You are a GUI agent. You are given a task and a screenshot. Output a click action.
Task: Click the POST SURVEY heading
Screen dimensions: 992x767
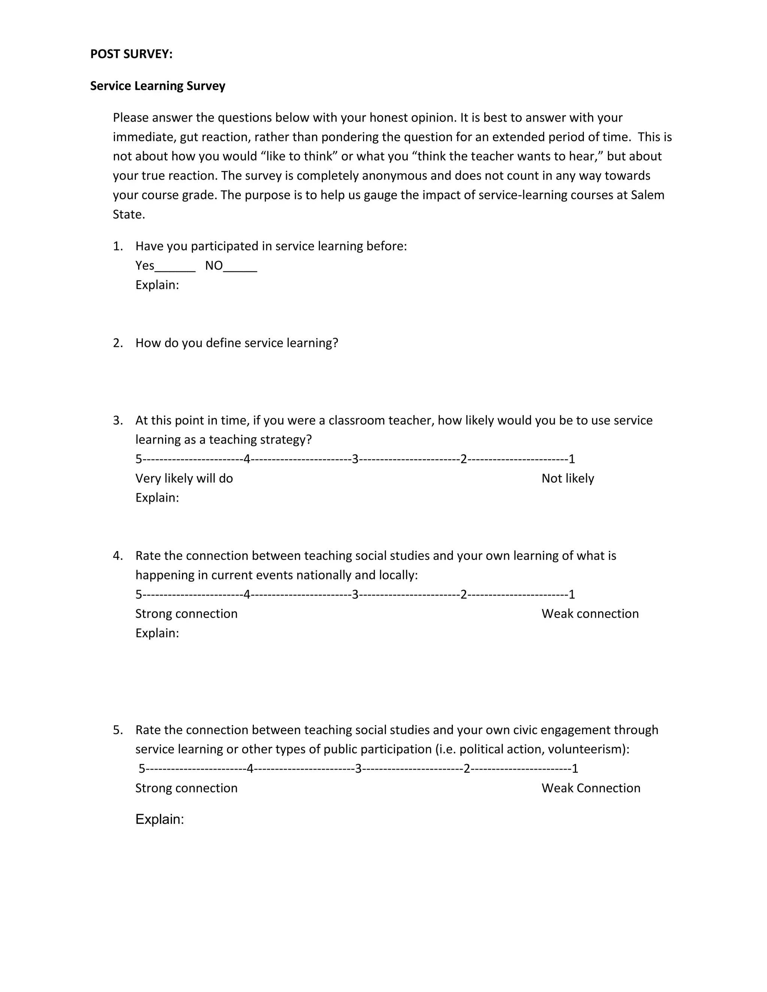131,54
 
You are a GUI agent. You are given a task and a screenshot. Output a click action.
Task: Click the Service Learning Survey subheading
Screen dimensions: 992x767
157,86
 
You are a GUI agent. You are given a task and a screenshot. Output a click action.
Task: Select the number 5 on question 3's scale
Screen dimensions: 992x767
139,459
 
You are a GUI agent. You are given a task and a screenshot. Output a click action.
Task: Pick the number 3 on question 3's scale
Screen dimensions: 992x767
355,459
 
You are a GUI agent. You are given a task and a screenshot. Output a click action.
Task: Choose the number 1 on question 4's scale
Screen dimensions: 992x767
572,594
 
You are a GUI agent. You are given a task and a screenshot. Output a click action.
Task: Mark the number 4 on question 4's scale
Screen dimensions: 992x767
247,594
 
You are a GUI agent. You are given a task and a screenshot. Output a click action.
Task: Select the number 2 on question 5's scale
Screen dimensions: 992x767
467,769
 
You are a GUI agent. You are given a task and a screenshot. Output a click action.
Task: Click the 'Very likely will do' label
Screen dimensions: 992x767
184,478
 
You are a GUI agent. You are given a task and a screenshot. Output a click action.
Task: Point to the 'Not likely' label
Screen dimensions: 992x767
567,478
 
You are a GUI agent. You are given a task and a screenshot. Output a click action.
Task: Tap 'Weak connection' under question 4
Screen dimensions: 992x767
590,614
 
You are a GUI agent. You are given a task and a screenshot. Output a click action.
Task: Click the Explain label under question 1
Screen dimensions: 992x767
157,285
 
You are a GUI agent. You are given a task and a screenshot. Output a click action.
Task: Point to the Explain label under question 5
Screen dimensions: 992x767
160,819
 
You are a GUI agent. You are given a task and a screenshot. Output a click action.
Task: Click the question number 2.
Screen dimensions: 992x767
117,343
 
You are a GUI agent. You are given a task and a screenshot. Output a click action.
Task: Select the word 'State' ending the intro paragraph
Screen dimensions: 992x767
128,214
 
